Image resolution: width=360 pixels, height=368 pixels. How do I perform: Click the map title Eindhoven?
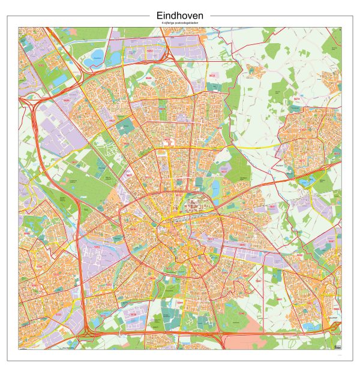click(179, 15)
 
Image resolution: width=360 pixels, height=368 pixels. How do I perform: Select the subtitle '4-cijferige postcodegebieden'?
click(179, 23)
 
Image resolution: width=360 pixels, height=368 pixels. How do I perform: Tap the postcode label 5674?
click(296, 98)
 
